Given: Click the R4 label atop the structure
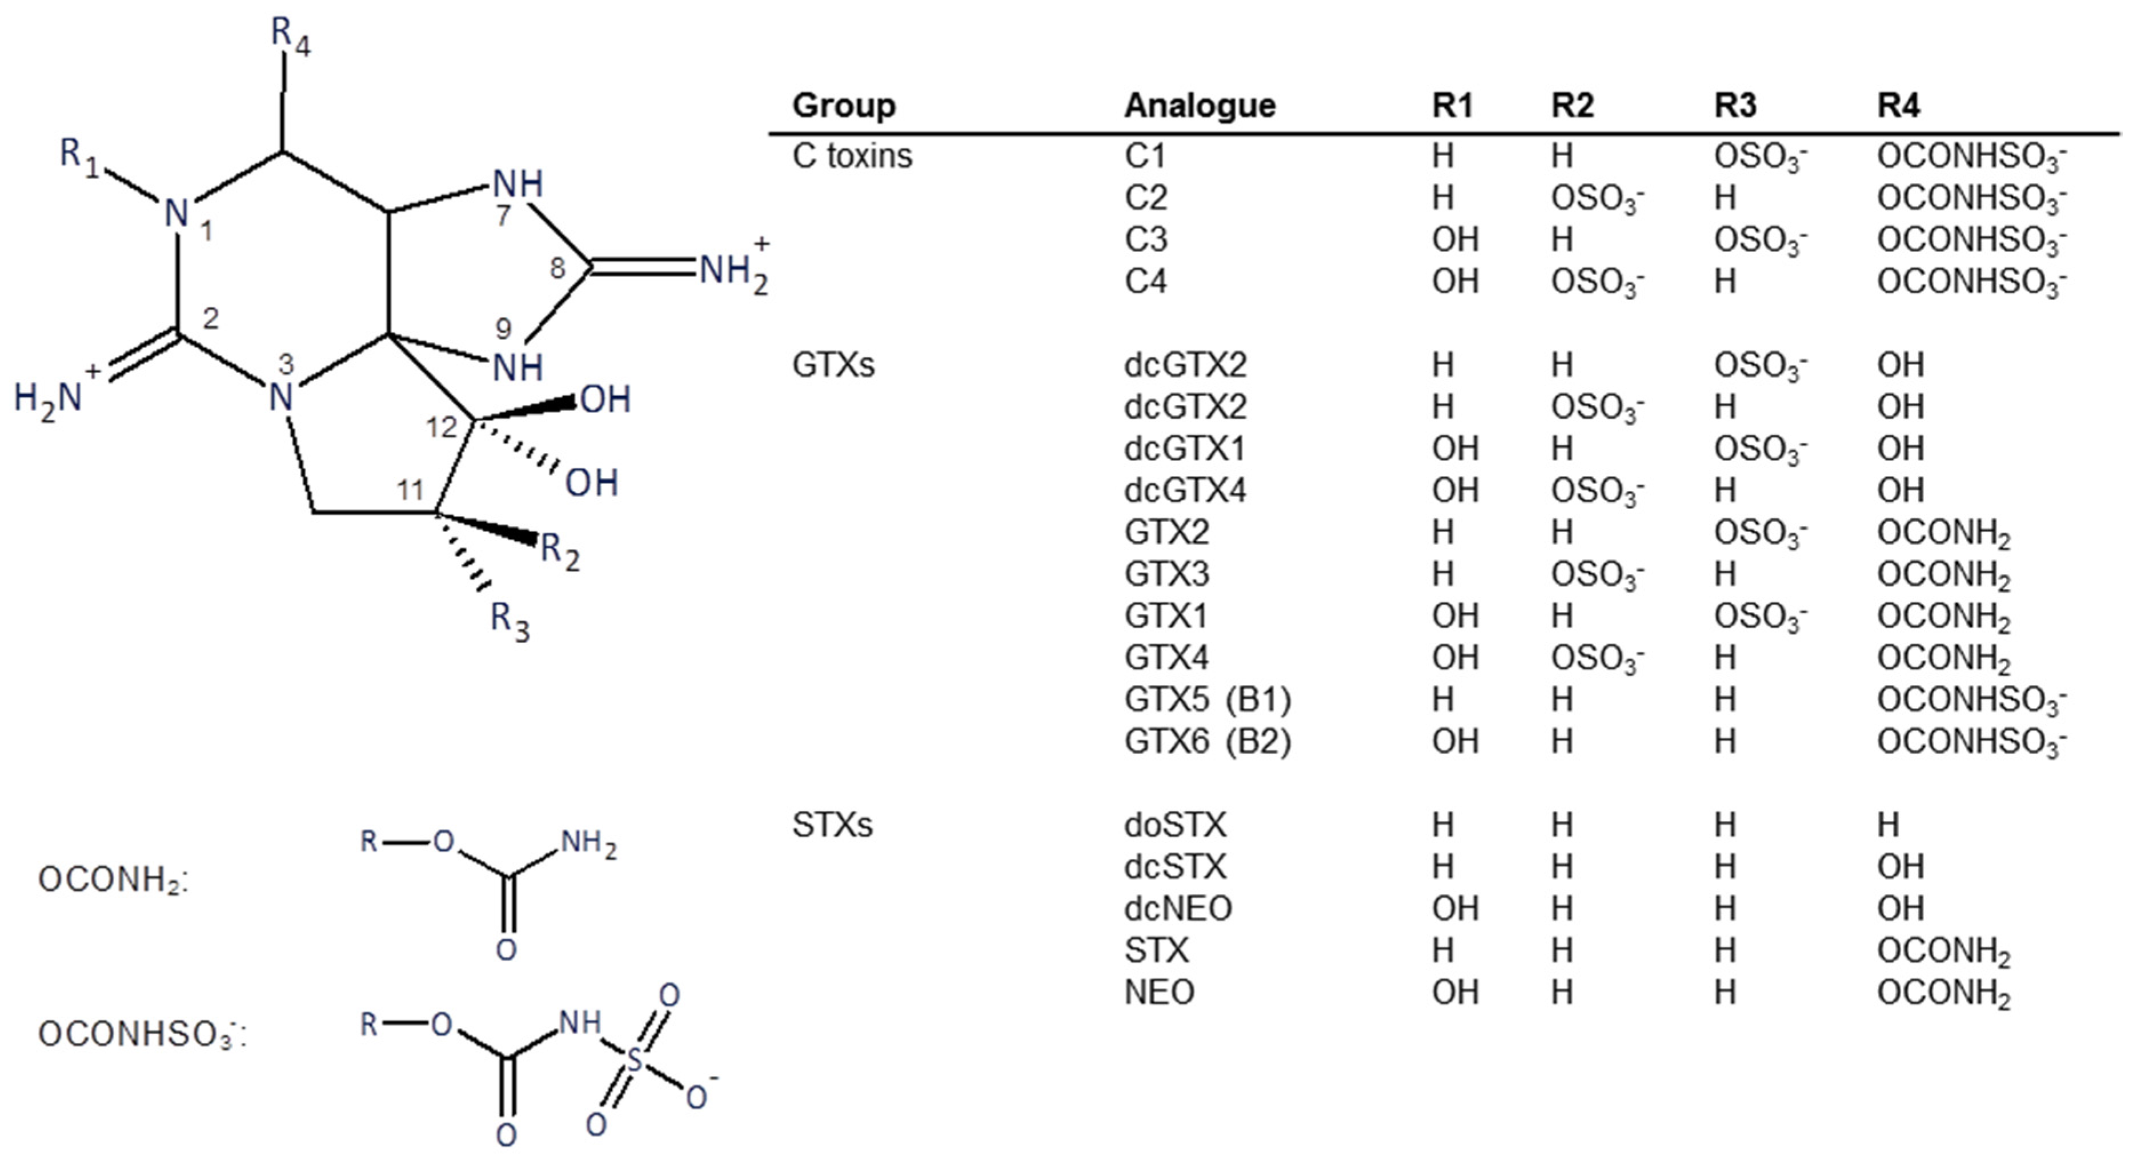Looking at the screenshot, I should (290, 37).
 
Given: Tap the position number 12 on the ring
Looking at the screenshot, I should (442, 427).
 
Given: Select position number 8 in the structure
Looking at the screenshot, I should (558, 268).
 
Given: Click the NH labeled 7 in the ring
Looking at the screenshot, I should (518, 184).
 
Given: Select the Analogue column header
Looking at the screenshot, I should (1199, 105).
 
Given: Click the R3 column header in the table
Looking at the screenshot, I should (1735, 105).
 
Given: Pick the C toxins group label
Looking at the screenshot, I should (851, 156).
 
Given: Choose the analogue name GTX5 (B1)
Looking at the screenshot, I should (1207, 699).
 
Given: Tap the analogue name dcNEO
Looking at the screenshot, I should (1177, 909).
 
